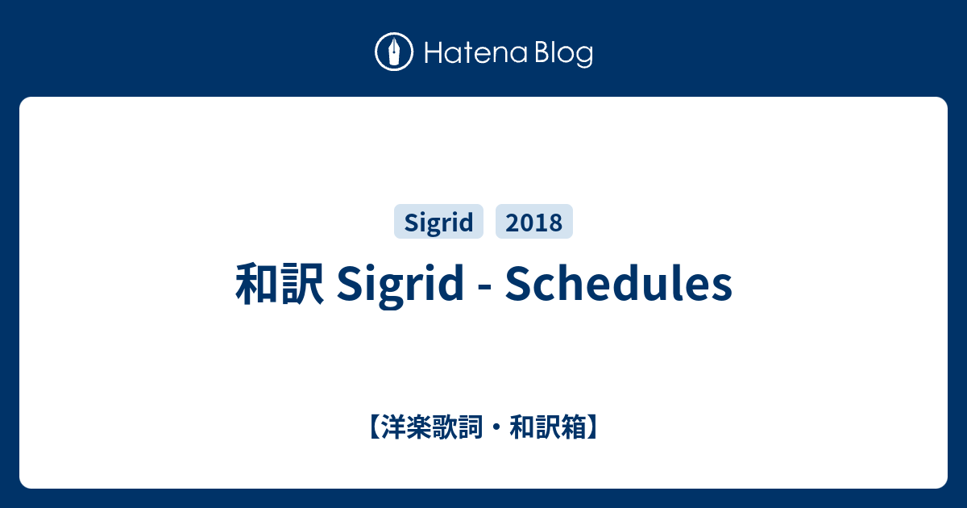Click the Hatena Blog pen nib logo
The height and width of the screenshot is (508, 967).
coord(394,52)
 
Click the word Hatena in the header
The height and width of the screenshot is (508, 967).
coord(476,52)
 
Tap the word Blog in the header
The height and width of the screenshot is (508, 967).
coord(564,54)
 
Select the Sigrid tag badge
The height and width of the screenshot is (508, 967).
coord(438,221)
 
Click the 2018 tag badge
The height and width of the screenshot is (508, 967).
coord(534,221)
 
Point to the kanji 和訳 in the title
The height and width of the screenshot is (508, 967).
coord(280,284)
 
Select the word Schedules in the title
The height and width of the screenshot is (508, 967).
coord(619,283)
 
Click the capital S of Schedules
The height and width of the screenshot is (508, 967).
coord(517,284)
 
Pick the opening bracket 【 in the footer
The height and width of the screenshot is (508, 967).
coord(374,427)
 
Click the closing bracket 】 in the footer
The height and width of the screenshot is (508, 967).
coord(593,427)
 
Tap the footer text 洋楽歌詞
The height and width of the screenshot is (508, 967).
coord(432,427)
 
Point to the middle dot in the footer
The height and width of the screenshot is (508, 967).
coord(496,427)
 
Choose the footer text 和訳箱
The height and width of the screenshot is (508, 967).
coord(548,427)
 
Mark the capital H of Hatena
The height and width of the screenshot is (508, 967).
coord(434,52)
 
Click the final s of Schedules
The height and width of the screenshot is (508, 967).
coord(722,289)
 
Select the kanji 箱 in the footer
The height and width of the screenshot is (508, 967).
coord(574,427)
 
